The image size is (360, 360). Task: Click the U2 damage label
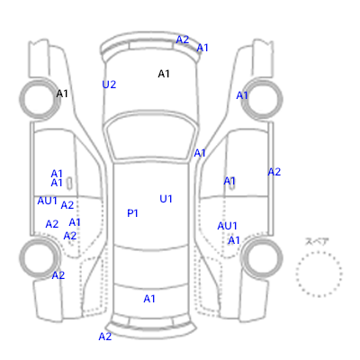(109, 85)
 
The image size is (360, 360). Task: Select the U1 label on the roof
(166, 199)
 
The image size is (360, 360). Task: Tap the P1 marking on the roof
(132, 213)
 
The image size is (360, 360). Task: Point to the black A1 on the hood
(164, 74)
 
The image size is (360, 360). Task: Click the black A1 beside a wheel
(62, 94)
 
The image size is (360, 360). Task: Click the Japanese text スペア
(317, 241)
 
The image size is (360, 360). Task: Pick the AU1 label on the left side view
(47, 201)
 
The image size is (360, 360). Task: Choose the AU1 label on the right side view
(227, 226)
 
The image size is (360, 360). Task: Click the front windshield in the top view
(150, 138)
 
